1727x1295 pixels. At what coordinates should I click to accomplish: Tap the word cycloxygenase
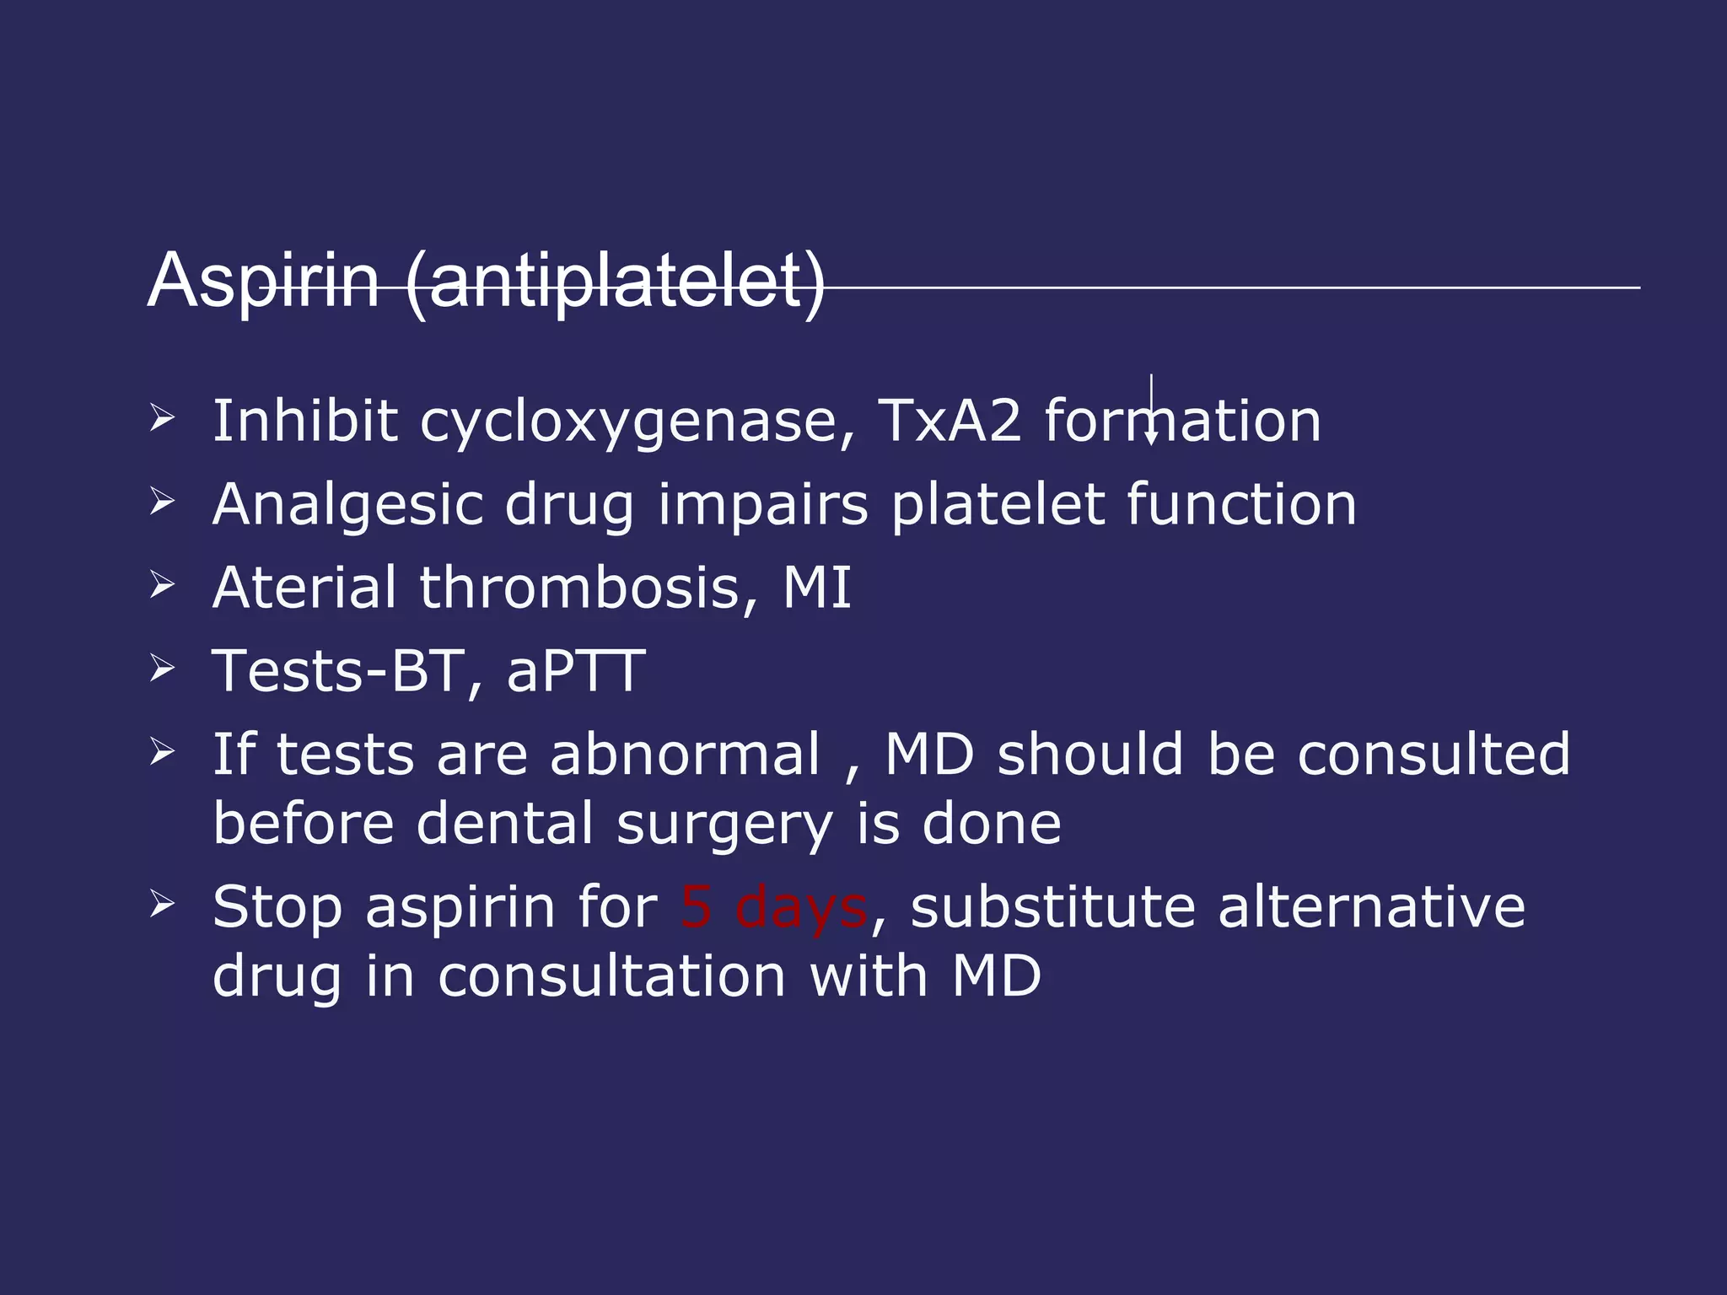click(x=638, y=421)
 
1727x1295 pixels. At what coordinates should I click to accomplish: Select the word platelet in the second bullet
click(x=997, y=505)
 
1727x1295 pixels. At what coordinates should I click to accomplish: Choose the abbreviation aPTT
click(x=576, y=671)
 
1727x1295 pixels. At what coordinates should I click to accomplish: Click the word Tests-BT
click(x=338, y=671)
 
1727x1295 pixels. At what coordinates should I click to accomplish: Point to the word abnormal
click(x=685, y=754)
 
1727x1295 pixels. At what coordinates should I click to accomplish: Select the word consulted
click(x=1434, y=754)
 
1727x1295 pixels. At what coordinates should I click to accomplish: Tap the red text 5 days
click(x=773, y=907)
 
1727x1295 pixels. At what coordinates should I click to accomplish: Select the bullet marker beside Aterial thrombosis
click(x=161, y=584)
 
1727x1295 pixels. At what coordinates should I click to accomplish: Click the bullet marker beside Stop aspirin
click(x=161, y=905)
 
